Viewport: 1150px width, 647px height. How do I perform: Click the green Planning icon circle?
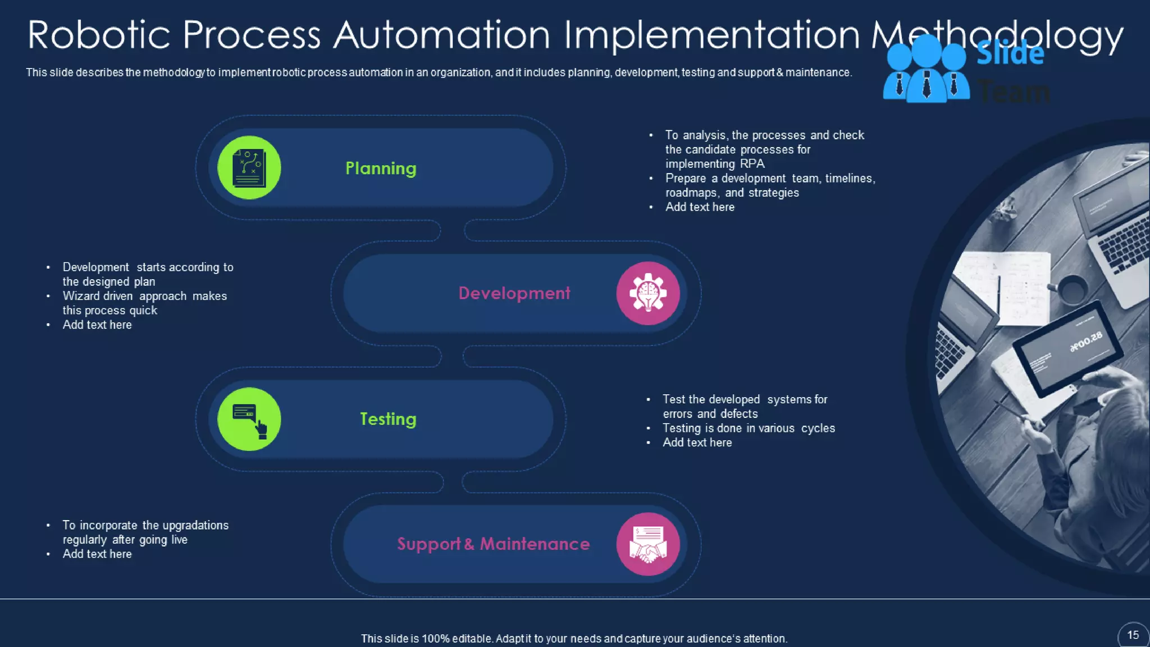coord(249,167)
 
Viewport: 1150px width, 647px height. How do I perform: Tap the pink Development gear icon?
coord(648,293)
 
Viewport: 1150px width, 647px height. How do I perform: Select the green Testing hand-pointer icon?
coord(249,419)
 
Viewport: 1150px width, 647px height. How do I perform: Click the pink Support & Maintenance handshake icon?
coord(648,544)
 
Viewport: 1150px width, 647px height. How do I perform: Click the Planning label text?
coord(381,168)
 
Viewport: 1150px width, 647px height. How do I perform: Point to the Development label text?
coord(514,293)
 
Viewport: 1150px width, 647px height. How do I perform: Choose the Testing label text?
coord(388,419)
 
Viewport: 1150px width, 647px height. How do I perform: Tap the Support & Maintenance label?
coord(493,544)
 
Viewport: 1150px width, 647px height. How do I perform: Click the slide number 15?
coord(1133,635)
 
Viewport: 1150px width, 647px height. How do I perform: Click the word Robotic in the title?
coord(99,35)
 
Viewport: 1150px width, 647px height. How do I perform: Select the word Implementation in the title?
coord(711,35)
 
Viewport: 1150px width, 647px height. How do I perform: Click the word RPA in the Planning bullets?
coord(752,164)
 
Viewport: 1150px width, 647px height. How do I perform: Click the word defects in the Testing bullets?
coord(739,414)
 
